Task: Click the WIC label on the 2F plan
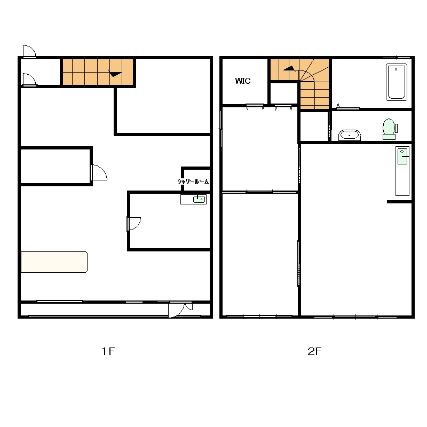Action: coord(243,81)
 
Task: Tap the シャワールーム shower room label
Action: coord(193,181)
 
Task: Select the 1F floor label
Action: coord(108,351)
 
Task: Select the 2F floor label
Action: coord(314,351)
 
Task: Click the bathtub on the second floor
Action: coord(397,82)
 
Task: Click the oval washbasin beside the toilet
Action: coord(350,135)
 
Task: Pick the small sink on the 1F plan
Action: coord(199,199)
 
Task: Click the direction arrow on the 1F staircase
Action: coord(115,73)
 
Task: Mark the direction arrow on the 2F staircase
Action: coord(290,69)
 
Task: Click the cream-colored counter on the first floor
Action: coord(54,262)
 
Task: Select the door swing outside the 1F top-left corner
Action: coord(29,51)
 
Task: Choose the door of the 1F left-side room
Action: coord(99,172)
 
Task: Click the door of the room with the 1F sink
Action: coord(134,224)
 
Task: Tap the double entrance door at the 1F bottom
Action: coord(180,310)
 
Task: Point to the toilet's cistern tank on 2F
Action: coord(396,128)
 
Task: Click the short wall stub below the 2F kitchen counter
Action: coord(399,202)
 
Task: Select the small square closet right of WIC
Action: coord(284,93)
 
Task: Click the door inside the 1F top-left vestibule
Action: coord(29,80)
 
